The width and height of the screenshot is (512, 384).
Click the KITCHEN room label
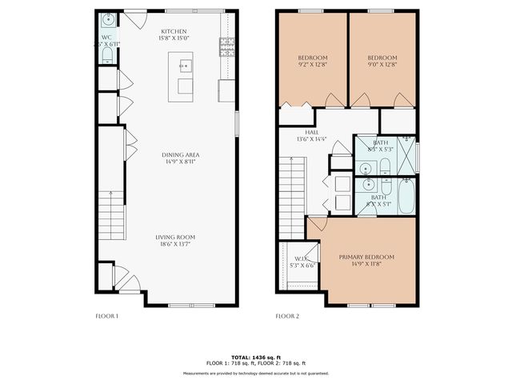coord(174,32)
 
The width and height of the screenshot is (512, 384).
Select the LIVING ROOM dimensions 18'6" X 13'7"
coord(174,244)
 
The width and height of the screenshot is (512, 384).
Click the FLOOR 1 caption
coord(106,316)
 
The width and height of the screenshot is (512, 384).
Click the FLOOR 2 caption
coord(287,316)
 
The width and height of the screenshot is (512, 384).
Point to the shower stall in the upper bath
coord(406,155)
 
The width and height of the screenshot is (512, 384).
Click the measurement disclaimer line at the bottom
coord(256,373)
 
